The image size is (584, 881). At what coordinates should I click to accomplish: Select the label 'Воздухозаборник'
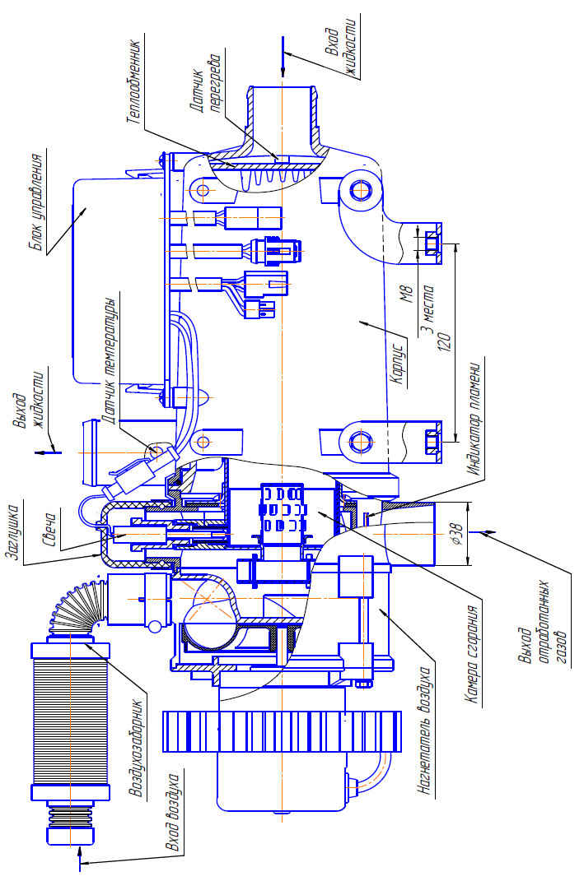(x=138, y=748)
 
